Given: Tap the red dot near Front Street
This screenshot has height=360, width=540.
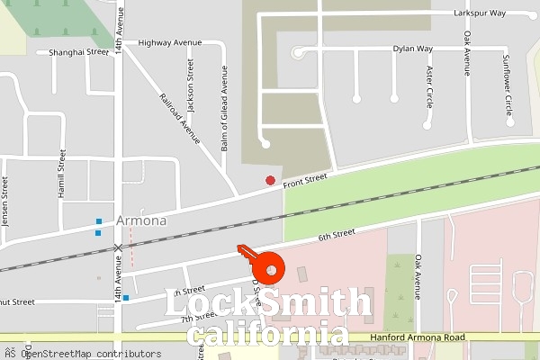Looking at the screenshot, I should pyautogui.click(x=270, y=181).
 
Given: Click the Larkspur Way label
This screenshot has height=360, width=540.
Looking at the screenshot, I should pyautogui.click(x=506, y=13).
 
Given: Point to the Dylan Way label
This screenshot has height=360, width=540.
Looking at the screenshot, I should pyautogui.click(x=413, y=49).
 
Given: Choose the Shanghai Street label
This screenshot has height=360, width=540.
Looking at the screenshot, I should pyautogui.click(x=79, y=52).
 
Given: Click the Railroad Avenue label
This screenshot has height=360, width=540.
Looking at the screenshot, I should pyautogui.click(x=178, y=117).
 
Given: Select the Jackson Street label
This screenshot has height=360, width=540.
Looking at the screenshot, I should pyautogui.click(x=190, y=86).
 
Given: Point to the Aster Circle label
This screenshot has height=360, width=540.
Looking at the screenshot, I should pyautogui.click(x=429, y=86).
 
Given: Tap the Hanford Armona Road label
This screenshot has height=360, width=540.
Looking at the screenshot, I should pyautogui.click(x=418, y=337).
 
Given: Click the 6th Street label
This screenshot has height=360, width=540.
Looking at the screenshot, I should pyautogui.click(x=337, y=236).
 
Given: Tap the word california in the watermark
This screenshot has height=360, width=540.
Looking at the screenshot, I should pyautogui.click(x=268, y=336).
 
